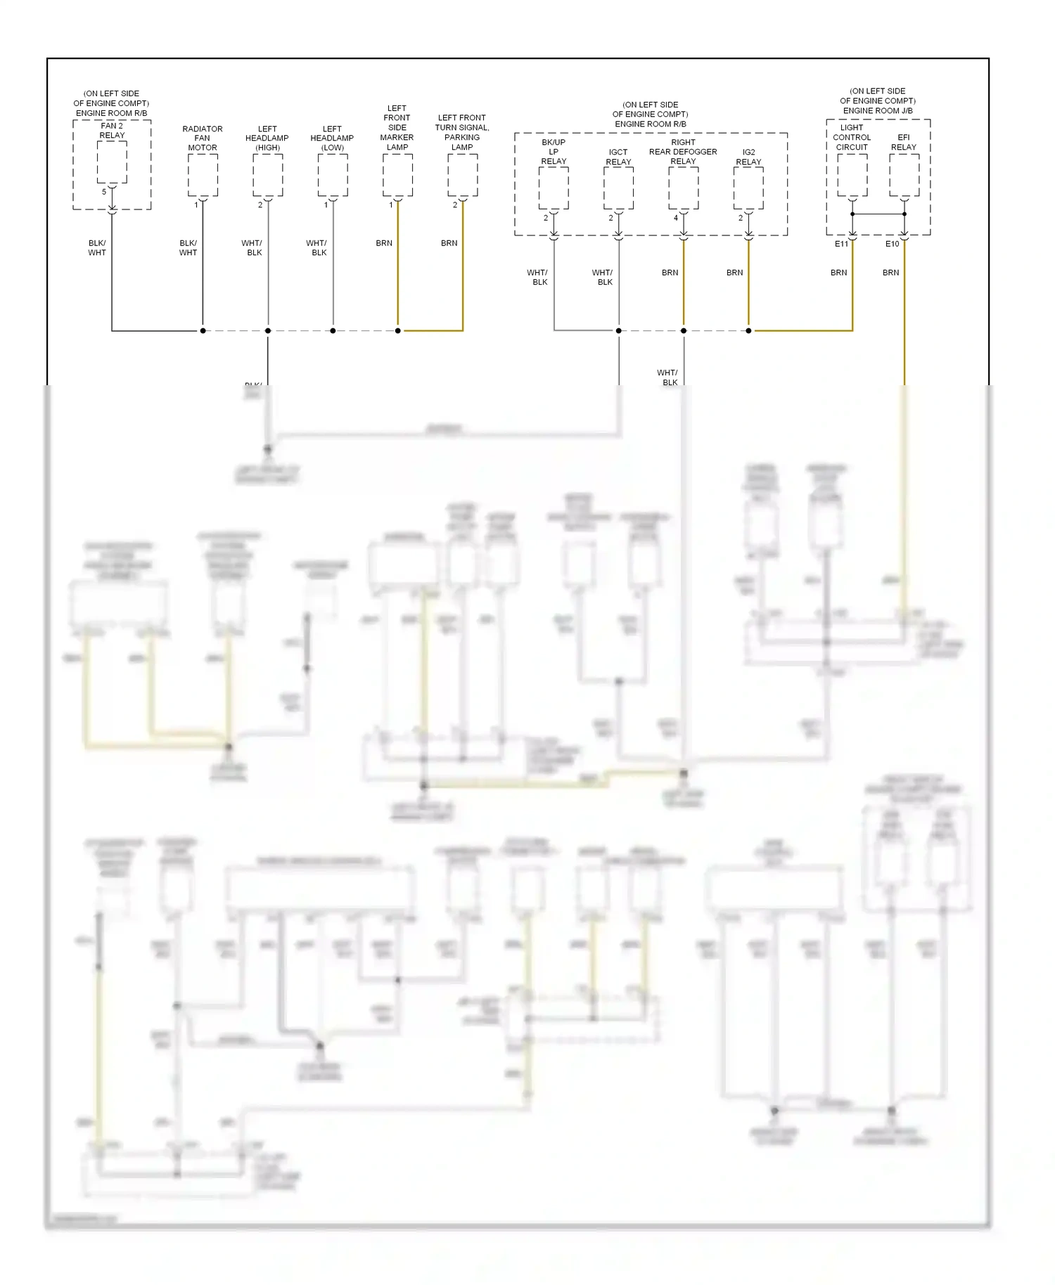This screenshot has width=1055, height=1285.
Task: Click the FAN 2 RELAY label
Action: pos(112,131)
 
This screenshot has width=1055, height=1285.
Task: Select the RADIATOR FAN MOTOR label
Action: pos(203,138)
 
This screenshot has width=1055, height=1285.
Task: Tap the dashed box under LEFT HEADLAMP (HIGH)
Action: pos(268,175)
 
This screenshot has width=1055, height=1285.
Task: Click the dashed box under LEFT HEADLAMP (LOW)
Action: pos(333,175)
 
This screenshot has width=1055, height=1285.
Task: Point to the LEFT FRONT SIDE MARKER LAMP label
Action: pos(397,128)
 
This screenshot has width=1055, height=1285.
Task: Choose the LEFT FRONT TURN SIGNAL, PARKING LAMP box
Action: pos(463,175)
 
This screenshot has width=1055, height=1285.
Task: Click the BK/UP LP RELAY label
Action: pos(554,152)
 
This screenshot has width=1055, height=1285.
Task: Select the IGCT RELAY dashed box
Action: pos(619,188)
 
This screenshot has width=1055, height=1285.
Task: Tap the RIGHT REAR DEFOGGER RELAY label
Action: pos(683,152)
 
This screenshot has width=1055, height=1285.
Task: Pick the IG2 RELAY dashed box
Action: pos(748,188)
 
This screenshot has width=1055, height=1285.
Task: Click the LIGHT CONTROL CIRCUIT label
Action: pos(852,138)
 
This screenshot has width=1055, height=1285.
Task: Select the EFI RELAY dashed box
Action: pos(904,175)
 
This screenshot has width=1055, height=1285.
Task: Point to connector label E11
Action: pos(841,244)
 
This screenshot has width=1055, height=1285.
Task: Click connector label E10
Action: pos(892,244)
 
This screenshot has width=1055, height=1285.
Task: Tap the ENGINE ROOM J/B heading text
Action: pos(878,111)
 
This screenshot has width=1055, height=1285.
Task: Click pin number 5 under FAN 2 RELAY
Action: pos(104,192)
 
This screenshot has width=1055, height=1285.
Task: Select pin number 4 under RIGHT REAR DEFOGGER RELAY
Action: pos(676,218)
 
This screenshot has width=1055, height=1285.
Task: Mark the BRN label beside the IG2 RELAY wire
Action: pos(734,273)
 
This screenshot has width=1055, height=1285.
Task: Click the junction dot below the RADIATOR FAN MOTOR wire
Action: pos(203,330)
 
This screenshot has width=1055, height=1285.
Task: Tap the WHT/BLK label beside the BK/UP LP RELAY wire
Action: pos(538,278)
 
